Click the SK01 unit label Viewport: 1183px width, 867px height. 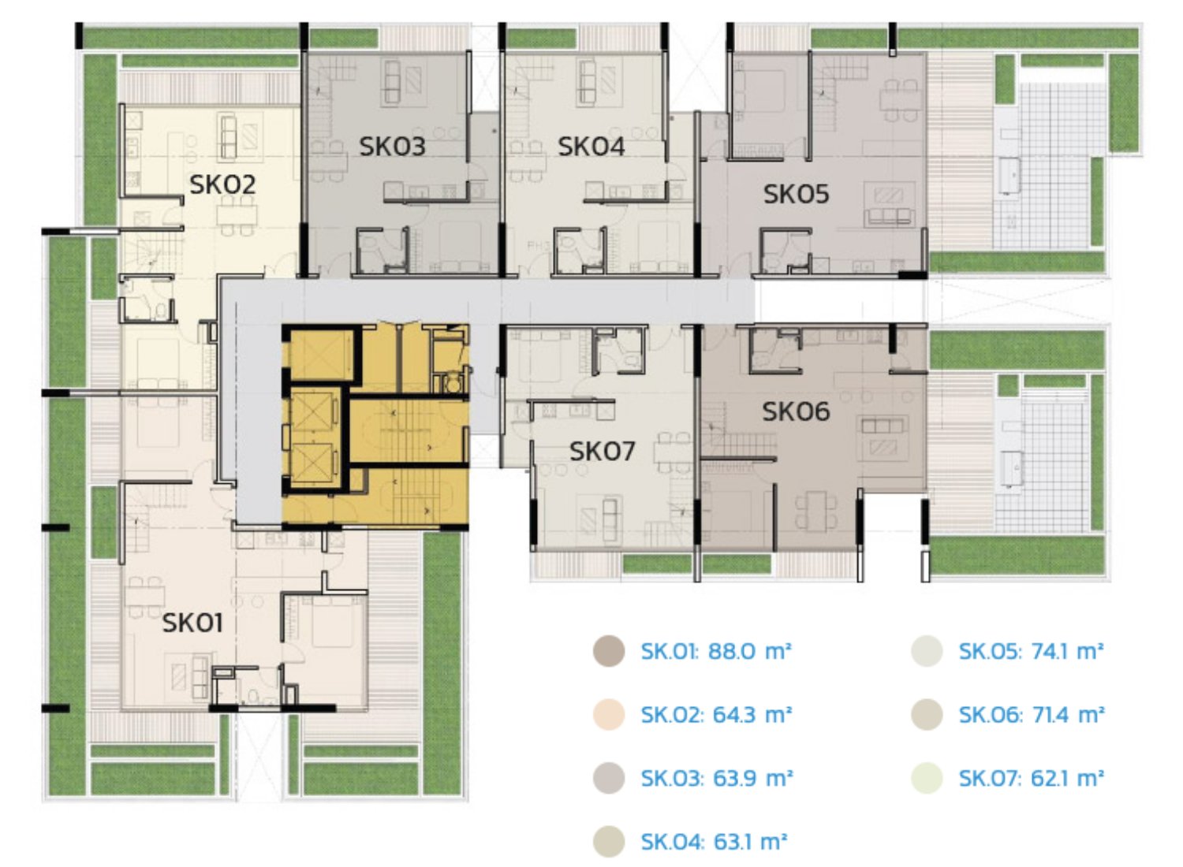tap(192, 623)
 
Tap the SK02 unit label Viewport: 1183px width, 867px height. tap(222, 184)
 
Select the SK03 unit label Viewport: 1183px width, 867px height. tap(392, 146)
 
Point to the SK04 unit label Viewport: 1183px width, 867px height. tap(591, 146)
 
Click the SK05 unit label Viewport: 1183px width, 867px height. tap(796, 194)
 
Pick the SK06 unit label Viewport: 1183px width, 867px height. tap(795, 411)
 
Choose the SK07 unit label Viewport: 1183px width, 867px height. tap(602, 451)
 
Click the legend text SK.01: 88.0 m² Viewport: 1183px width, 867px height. tap(716, 651)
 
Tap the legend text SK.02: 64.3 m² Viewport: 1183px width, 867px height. tap(716, 715)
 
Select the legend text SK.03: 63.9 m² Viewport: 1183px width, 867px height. tap(717, 778)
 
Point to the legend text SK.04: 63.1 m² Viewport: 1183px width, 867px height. tap(714, 842)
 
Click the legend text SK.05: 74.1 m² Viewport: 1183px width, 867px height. tap(1031, 651)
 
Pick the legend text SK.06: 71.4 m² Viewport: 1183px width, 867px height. tap(1032, 715)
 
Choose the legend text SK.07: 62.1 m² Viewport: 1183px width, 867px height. tap(1031, 778)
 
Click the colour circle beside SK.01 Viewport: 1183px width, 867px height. tap(608, 651)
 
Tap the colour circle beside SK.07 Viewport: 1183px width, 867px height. tap(927, 778)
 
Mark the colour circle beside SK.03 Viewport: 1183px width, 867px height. tap(608, 778)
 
